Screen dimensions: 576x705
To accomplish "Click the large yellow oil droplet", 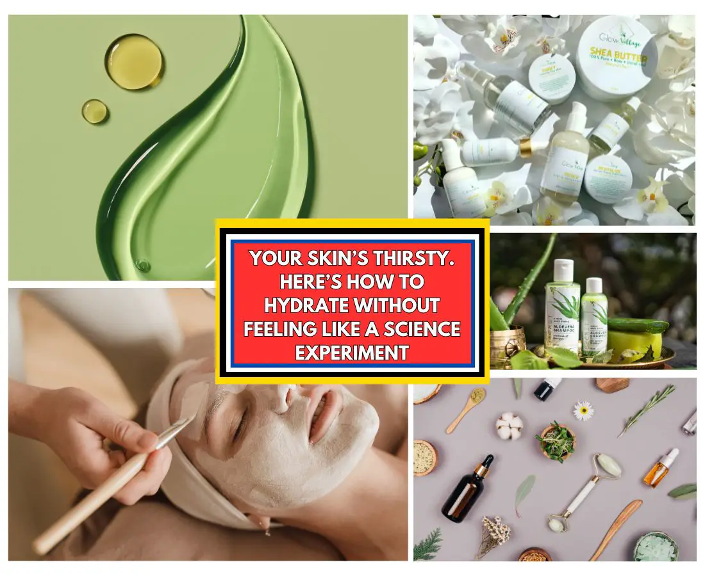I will [x=134, y=61].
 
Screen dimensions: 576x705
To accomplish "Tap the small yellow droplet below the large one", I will [x=94, y=111].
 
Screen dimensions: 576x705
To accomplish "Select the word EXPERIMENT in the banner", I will [x=352, y=352].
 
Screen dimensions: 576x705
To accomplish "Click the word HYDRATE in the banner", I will [x=295, y=305].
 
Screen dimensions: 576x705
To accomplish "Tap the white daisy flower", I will [x=583, y=410].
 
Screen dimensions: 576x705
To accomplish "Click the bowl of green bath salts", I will [x=655, y=548].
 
